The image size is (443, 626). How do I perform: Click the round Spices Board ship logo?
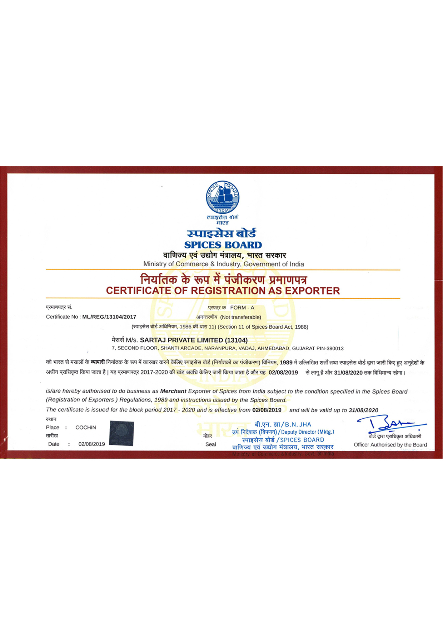click(x=223, y=197)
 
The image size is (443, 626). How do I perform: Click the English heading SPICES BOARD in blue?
click(x=223, y=245)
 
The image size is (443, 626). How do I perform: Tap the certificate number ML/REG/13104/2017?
click(x=109, y=317)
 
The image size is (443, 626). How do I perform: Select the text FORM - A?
click(x=242, y=308)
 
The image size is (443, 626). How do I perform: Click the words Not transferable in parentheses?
click(x=240, y=317)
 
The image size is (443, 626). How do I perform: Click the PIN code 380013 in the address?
click(x=335, y=348)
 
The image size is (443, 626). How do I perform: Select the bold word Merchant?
click(x=173, y=392)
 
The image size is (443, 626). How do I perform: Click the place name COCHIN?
click(x=86, y=428)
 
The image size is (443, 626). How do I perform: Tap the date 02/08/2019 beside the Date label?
click(x=91, y=444)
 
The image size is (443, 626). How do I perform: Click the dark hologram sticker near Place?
click(x=121, y=433)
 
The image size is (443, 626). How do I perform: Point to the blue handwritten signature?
click(x=389, y=424)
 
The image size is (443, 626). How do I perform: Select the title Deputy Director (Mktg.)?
click(x=308, y=432)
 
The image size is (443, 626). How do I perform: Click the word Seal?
click(x=210, y=445)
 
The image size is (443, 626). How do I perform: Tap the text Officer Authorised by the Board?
click(x=390, y=445)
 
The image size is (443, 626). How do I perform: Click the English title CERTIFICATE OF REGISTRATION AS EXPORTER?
click(x=223, y=291)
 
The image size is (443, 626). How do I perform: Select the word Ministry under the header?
click(x=155, y=264)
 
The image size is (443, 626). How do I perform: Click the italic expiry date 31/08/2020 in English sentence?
click(x=363, y=410)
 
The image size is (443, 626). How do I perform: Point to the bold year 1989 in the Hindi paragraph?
click(x=286, y=363)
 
